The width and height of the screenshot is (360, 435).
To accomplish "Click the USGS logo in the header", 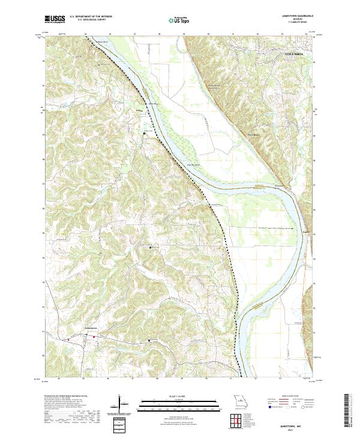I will pyautogui.click(x=55, y=19).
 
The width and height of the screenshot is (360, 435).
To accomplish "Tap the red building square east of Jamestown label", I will pyautogui.click(x=93, y=337).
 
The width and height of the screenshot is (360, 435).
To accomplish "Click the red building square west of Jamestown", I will pyautogui.click(x=68, y=339).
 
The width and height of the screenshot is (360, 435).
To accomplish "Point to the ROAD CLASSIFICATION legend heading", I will pyautogui.click(x=292, y=397).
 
